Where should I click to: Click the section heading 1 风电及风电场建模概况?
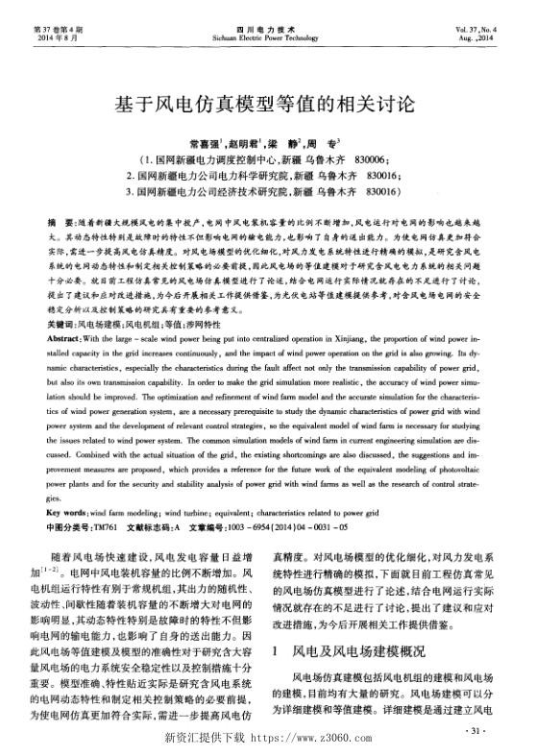coord(350,651)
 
